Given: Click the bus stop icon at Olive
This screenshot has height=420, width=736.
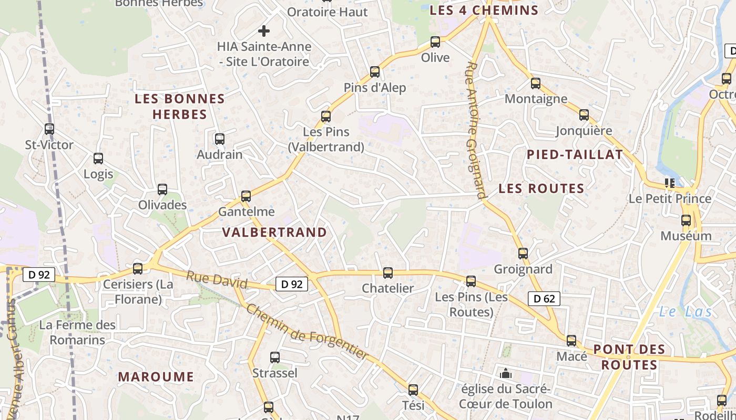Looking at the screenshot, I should (x=435, y=42).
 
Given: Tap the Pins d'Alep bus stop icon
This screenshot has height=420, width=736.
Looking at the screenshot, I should (x=374, y=72).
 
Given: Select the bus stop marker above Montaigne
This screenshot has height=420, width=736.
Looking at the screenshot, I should (x=535, y=83).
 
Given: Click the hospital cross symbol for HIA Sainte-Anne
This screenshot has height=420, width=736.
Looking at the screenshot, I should (x=264, y=31).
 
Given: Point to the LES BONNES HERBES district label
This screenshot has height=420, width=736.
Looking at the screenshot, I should (x=179, y=107).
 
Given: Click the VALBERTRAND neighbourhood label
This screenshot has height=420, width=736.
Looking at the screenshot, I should (x=274, y=232).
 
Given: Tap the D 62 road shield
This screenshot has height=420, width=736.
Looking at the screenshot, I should (x=544, y=299).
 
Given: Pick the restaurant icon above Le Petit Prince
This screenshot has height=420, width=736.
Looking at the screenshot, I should (x=669, y=183).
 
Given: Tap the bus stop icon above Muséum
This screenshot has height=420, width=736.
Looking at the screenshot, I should (x=686, y=220).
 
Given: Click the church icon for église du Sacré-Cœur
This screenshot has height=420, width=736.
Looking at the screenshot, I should (x=506, y=373).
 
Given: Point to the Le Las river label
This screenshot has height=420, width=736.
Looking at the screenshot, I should (x=685, y=312).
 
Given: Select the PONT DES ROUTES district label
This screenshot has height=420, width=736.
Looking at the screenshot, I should (x=629, y=357).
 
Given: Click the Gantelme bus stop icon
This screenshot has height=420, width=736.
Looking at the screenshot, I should (x=246, y=196).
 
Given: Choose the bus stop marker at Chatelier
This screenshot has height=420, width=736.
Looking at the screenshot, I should (x=387, y=273).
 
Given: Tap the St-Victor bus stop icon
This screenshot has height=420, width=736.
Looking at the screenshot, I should (x=49, y=129).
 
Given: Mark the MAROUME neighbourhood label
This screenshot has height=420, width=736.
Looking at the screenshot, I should (x=156, y=376).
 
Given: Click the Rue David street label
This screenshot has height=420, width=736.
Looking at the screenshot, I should (x=217, y=279).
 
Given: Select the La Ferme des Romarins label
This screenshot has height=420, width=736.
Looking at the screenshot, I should (x=77, y=332).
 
